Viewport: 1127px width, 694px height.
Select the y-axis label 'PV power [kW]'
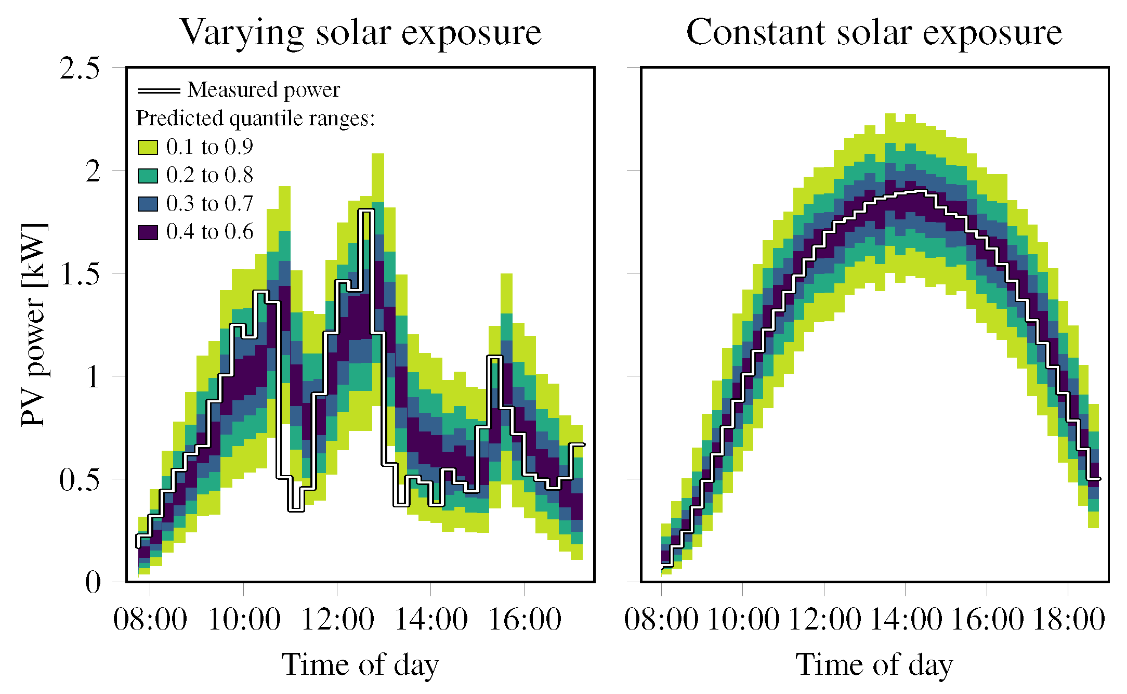coord(34,324)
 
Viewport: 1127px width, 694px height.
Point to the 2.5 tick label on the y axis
coord(80,68)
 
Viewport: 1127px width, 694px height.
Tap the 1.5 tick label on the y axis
coord(80,274)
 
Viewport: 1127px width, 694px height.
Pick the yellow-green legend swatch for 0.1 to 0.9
coord(148,147)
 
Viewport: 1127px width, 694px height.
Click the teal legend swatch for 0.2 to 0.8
coord(148,176)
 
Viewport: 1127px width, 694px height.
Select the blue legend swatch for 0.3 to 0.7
coord(148,204)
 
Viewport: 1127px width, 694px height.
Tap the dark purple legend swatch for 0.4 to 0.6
coord(148,232)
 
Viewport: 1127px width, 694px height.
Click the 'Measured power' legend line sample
coord(159,90)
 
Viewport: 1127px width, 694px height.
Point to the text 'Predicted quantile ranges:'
coord(255,119)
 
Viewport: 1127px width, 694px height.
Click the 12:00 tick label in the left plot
coord(337,620)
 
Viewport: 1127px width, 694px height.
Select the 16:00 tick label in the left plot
coord(525,620)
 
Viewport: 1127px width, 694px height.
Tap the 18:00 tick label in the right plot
coord(1068,620)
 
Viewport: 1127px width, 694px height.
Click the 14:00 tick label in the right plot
coord(906,620)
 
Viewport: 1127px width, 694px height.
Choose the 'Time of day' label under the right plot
coord(874,665)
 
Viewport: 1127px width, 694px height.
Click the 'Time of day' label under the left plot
coord(360,665)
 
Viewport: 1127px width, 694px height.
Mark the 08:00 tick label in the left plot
coord(150,620)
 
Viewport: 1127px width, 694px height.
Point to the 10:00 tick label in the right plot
coord(743,620)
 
